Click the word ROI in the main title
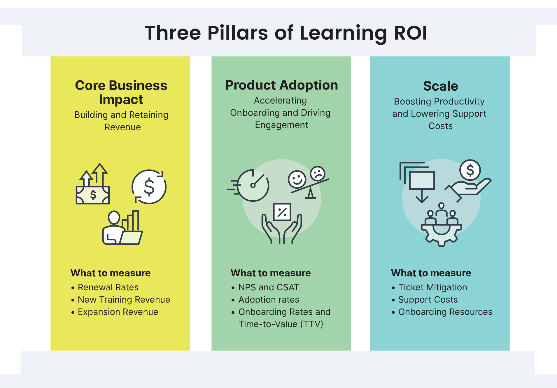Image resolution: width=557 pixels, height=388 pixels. click(x=411, y=33)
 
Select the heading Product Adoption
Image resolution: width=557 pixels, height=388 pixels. click(x=281, y=85)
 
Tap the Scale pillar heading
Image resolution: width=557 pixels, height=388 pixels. click(x=440, y=86)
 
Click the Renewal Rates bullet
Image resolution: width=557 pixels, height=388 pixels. click(x=108, y=287)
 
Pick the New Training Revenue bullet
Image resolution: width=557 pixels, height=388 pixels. click(x=124, y=300)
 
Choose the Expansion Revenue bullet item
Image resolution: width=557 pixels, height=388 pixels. click(x=118, y=312)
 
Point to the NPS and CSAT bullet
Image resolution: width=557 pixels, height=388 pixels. click(x=269, y=287)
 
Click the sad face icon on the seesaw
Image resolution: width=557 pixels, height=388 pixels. click(x=318, y=173)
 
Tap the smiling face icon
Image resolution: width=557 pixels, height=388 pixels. click(x=297, y=179)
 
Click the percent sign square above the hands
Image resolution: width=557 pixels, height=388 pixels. click(x=282, y=212)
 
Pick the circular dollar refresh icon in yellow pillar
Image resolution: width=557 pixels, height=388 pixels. click(x=149, y=187)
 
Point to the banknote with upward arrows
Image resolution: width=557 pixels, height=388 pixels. click(x=93, y=184)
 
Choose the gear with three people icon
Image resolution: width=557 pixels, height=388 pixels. click(x=441, y=224)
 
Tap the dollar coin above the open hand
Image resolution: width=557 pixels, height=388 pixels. click(x=470, y=170)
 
